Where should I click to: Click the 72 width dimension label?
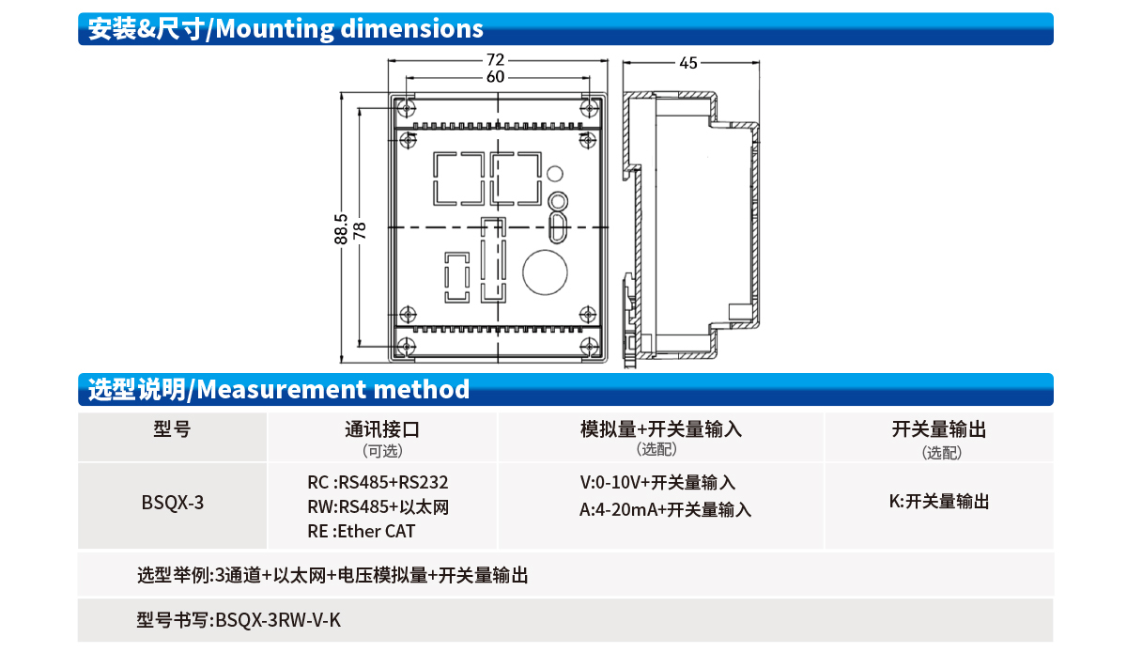click(x=495, y=60)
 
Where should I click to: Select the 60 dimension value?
click(x=495, y=77)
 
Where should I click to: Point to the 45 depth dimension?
click(x=688, y=63)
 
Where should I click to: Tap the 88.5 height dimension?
click(x=341, y=229)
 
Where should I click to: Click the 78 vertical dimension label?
click(x=359, y=231)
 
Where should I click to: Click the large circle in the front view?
click(x=545, y=272)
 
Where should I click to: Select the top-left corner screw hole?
click(x=406, y=107)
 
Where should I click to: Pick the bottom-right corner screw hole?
click(x=589, y=347)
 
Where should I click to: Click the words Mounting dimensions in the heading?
click(x=349, y=29)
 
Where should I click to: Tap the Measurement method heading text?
click(x=333, y=389)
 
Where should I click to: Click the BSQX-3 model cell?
click(x=173, y=503)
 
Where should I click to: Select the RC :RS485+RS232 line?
click(x=378, y=482)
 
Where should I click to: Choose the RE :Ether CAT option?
click(x=362, y=531)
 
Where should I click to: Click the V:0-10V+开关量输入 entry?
click(x=657, y=482)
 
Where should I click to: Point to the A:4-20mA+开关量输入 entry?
click(x=665, y=509)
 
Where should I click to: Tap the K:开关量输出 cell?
click(x=939, y=502)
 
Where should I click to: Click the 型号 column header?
click(x=172, y=429)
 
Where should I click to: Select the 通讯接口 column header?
click(x=382, y=429)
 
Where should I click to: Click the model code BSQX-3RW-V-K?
click(x=278, y=620)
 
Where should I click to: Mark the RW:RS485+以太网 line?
click(x=378, y=507)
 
